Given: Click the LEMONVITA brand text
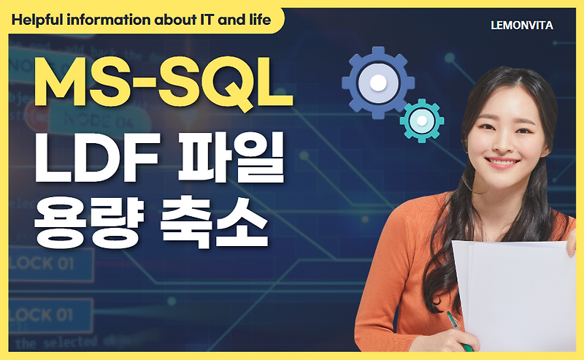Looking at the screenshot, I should (522, 26).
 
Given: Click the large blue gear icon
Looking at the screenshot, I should (377, 83).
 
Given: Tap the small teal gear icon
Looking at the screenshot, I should (422, 120).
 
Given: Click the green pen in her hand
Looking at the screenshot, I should (458, 329).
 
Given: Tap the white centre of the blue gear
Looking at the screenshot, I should (377, 83).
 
